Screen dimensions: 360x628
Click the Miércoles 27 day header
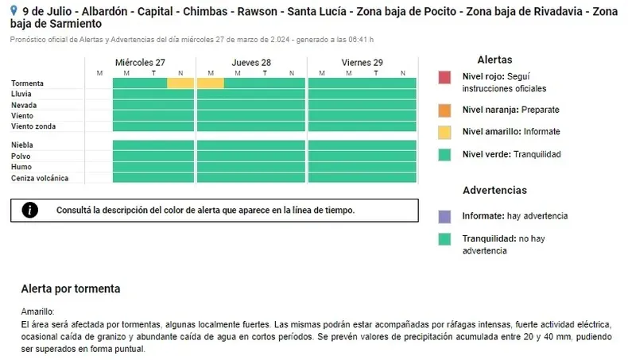point(140,63)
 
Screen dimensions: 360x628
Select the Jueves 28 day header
point(251,63)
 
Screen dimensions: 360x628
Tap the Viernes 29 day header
point(362,63)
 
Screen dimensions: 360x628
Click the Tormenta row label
point(28,83)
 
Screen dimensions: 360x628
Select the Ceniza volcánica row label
point(40,178)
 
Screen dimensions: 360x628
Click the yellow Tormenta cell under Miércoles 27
point(180,83)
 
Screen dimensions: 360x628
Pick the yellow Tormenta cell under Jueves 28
point(211,83)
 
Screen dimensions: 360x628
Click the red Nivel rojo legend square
point(444,78)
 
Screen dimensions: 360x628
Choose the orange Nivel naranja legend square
point(444,110)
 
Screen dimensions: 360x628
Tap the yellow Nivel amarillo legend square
point(444,132)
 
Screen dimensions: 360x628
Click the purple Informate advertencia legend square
point(444,216)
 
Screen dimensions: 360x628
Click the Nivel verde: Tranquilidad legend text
point(511,154)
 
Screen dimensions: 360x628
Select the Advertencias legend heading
point(494,191)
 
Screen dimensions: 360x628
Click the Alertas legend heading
point(494,60)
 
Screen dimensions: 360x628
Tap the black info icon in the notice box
point(30,210)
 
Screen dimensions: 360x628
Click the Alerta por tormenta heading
point(71,288)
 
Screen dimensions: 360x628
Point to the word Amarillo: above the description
point(37,312)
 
